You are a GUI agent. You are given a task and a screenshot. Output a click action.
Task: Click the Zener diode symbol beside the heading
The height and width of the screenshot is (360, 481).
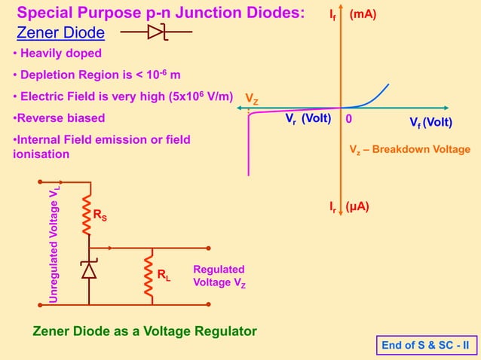click(x=156, y=32)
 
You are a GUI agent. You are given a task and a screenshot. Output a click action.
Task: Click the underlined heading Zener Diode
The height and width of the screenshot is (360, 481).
click(x=61, y=33)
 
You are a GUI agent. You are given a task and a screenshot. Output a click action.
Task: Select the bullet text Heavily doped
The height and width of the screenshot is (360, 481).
click(x=61, y=53)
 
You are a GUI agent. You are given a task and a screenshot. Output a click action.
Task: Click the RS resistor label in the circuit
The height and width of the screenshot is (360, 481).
click(x=100, y=216)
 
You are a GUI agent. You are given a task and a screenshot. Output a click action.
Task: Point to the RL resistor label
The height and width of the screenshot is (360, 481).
click(x=164, y=276)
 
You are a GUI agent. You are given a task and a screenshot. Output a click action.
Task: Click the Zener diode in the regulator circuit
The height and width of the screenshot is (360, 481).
click(x=89, y=270)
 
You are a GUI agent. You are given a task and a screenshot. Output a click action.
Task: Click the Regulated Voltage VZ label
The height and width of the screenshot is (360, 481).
click(x=219, y=276)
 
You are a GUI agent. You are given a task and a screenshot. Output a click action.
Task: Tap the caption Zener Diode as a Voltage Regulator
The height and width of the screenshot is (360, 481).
click(x=145, y=331)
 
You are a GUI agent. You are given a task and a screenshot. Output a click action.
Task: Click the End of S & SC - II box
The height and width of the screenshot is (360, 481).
click(x=425, y=346)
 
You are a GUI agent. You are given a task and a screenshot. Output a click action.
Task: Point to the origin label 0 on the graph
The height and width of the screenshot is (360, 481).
click(x=349, y=120)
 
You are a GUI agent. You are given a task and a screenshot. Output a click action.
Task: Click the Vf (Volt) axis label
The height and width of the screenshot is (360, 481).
click(x=430, y=123)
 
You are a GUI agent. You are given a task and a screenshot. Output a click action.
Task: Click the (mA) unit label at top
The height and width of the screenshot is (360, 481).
click(x=363, y=14)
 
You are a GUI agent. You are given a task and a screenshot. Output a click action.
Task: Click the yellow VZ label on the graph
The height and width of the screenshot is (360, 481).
click(x=251, y=99)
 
